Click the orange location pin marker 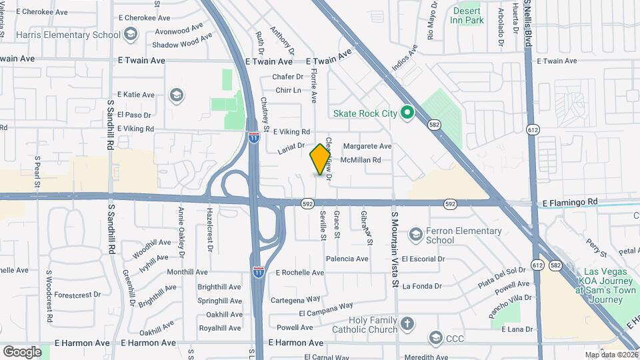click(x=320, y=159)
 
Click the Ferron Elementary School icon click(x=416, y=234)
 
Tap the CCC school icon click(x=436, y=337)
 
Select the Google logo click(x=22, y=351)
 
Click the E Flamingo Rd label click(x=570, y=201)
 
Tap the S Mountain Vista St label click(x=395, y=251)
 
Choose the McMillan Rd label click(x=360, y=160)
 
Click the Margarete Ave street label click(x=367, y=146)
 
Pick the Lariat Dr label click(x=291, y=148)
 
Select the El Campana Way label click(x=325, y=309)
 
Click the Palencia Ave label click(x=347, y=259)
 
